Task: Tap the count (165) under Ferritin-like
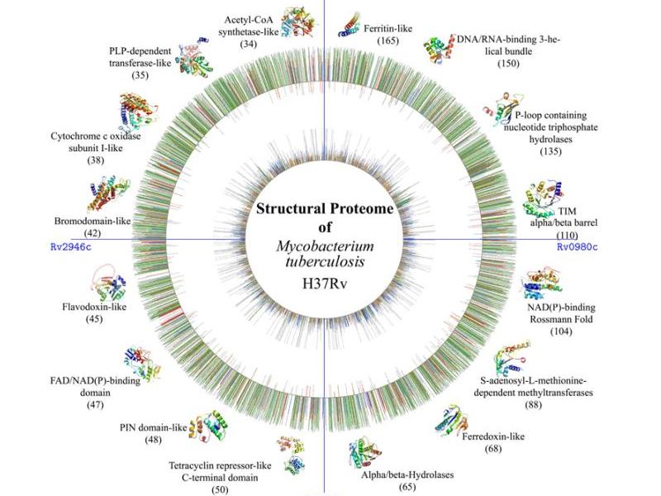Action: click(388, 40)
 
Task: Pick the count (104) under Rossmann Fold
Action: click(560, 331)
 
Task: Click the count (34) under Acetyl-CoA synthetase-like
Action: click(248, 43)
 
